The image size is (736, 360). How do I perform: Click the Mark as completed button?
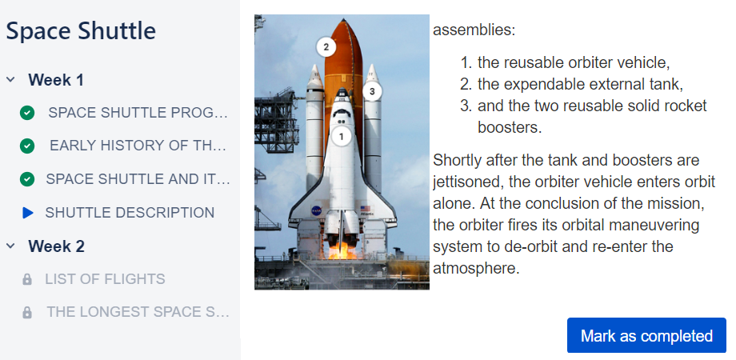click(646, 335)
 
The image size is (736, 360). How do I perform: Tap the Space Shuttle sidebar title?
click(81, 31)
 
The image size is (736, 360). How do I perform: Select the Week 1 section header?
click(56, 80)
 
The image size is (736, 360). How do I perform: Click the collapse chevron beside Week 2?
click(10, 246)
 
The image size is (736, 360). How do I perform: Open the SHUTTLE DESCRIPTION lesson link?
click(130, 213)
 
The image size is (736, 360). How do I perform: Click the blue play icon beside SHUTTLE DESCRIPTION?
click(28, 213)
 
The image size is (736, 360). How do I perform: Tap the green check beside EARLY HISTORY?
click(27, 146)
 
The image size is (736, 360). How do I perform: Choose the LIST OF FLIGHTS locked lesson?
click(105, 279)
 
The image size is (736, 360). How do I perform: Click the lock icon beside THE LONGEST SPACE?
click(27, 312)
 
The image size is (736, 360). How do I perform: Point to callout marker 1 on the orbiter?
click(342, 137)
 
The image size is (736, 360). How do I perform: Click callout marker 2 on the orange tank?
click(326, 47)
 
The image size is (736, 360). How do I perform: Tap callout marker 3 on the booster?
click(372, 91)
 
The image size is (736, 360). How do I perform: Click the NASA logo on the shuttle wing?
click(316, 211)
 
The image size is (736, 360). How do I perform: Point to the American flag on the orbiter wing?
click(365, 208)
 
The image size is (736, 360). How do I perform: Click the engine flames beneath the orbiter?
click(342, 251)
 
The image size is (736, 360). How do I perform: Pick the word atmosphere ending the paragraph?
click(474, 269)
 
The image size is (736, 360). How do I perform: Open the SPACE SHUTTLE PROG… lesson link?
click(138, 113)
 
